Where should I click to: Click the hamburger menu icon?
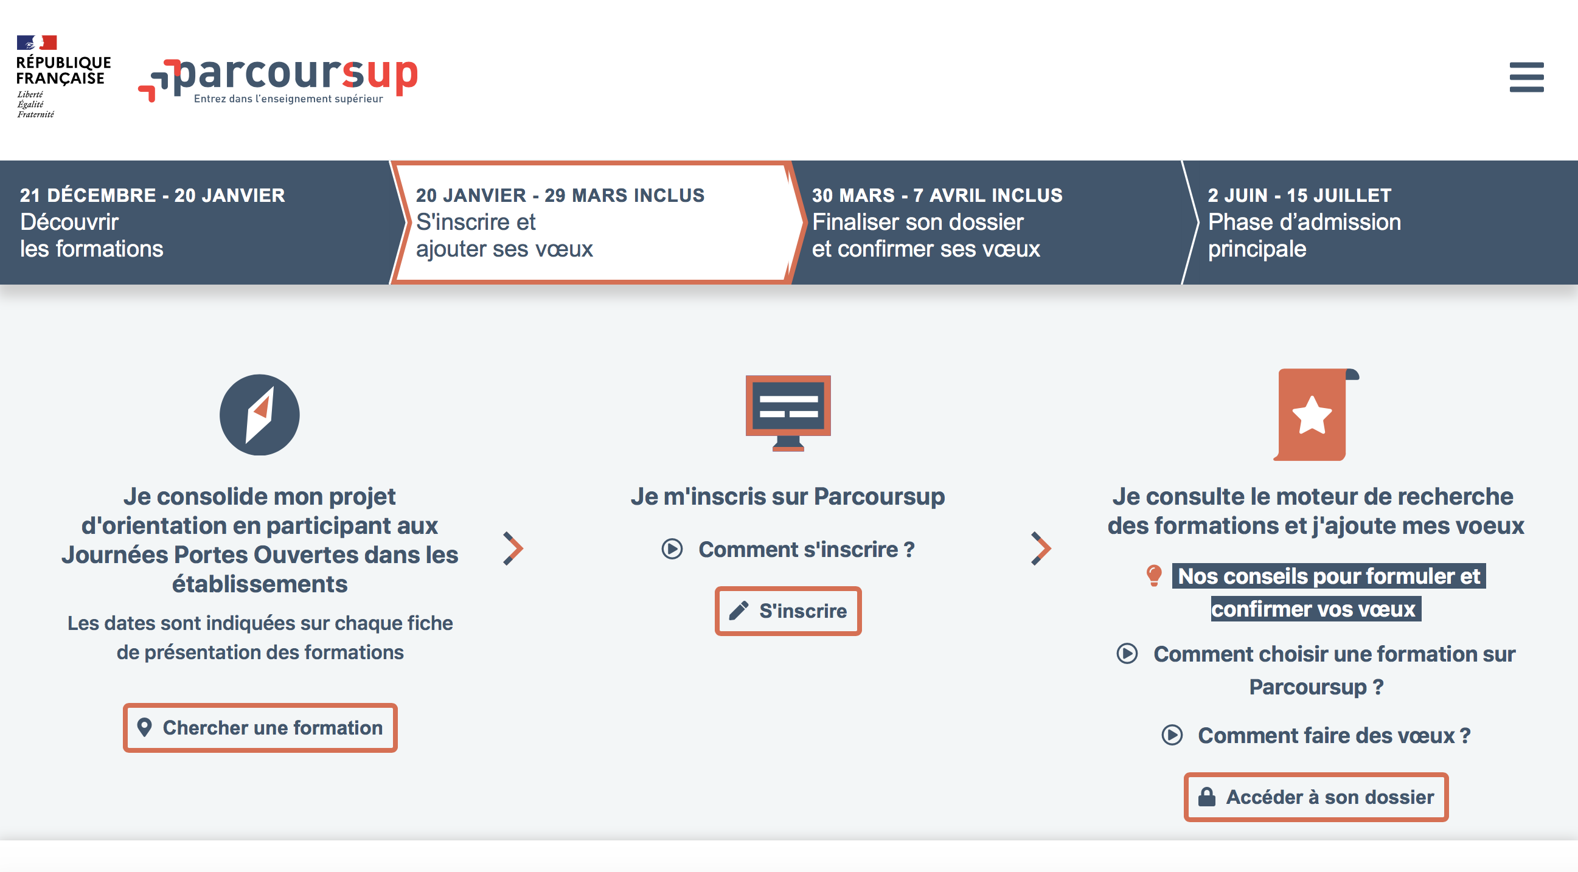point(1526,77)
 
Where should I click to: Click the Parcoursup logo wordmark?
point(278,80)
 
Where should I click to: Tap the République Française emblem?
point(63,76)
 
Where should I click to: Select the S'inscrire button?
point(788,611)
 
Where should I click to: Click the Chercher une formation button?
point(260,727)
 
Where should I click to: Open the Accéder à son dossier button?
point(1316,797)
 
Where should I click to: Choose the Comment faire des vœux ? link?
point(1316,735)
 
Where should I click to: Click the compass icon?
point(260,415)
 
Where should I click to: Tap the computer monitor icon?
point(788,414)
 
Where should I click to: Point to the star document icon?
point(1316,415)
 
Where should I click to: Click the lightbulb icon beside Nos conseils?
point(1154,576)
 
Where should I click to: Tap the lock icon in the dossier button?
point(1207,797)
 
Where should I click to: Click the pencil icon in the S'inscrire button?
point(739,611)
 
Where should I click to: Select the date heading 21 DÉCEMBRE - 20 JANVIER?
point(153,195)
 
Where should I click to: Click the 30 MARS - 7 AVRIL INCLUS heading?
point(937,195)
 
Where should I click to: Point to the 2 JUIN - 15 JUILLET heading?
point(1299,195)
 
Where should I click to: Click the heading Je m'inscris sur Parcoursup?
point(788,497)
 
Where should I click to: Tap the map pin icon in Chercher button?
point(145,727)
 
